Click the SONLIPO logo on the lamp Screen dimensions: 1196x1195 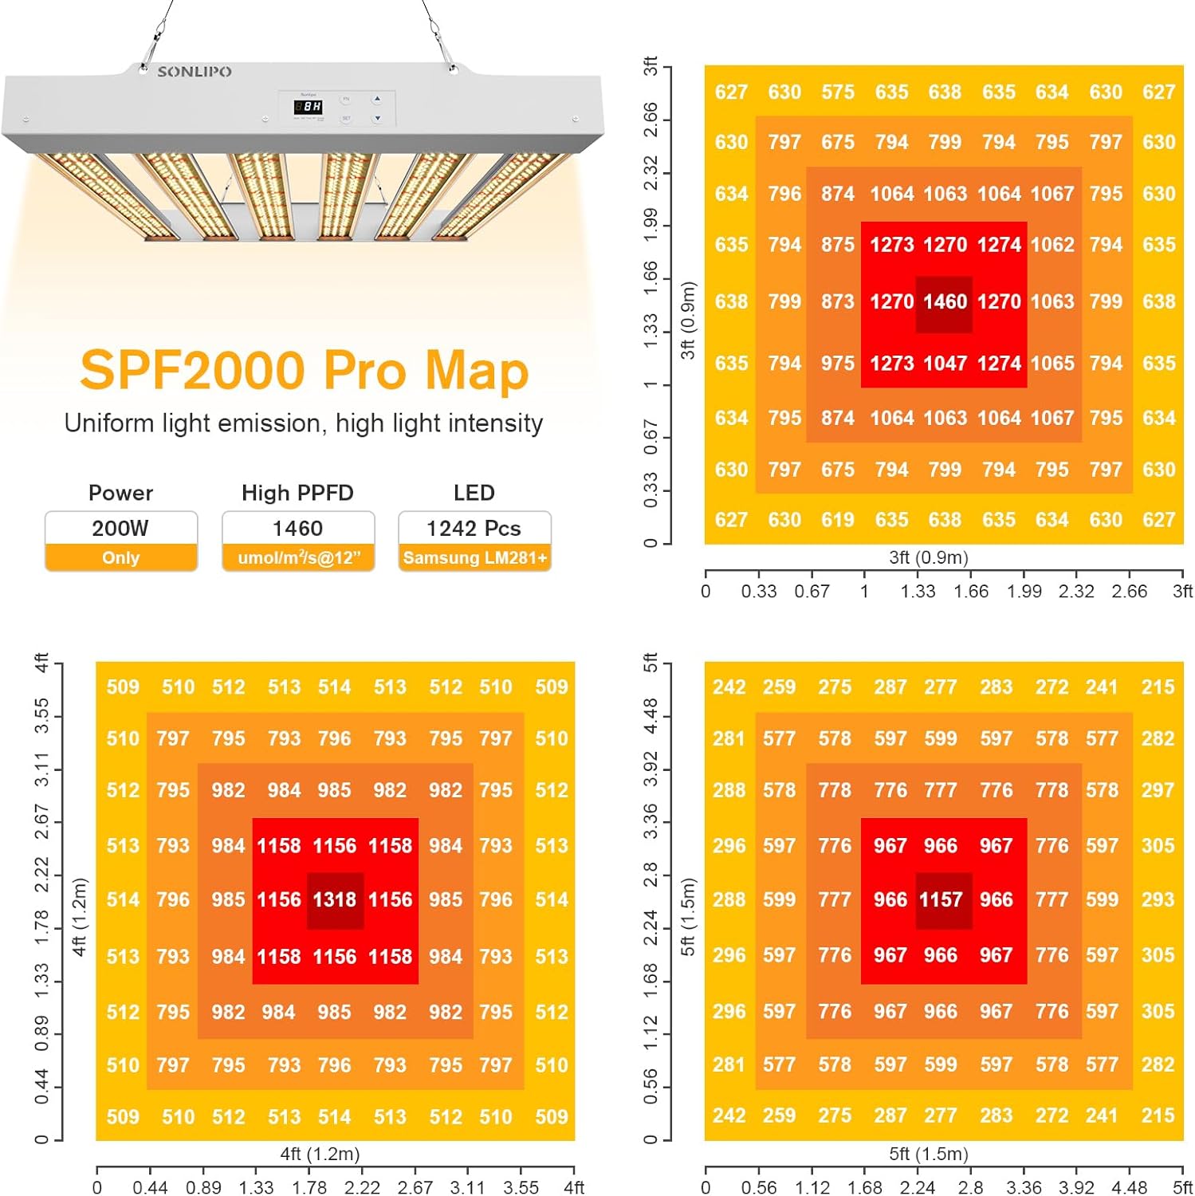195,72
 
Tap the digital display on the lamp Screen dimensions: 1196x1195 309,106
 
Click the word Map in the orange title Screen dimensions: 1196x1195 476,371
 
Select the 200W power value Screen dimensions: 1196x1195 120,529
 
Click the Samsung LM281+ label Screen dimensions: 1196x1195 474,558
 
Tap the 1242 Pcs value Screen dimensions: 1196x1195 474,529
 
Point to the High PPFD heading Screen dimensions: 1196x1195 297,493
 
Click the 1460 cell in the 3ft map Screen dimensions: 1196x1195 945,302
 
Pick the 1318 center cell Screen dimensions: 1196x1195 335,900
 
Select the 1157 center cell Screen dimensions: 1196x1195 941,900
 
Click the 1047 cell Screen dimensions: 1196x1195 945,364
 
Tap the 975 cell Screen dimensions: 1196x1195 838,364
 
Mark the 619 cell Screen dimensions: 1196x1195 838,520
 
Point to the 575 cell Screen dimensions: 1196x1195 838,92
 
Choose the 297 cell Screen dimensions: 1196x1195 1158,791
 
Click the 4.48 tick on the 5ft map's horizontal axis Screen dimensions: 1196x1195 1130,1188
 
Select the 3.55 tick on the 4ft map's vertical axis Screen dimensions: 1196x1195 41,715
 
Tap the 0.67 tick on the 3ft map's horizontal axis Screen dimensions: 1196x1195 812,592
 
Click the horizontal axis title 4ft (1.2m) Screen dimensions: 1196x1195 320,1154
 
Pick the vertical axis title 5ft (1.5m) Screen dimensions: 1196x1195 688,916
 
